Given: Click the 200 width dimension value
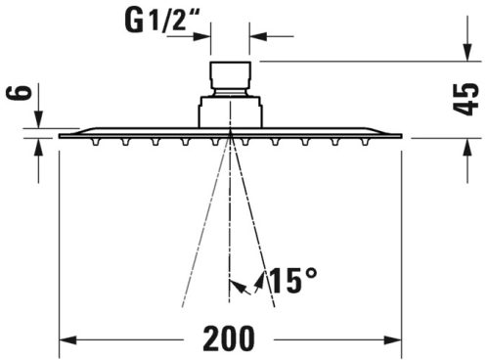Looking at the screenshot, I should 231,337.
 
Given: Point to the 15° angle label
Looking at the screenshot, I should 292,282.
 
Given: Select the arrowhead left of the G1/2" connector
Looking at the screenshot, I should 204,37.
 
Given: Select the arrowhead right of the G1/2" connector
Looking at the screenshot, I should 257,37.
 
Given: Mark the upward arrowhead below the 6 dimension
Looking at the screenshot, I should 40,146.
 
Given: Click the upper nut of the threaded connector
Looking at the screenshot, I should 231,75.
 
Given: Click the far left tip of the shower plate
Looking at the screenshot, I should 61,135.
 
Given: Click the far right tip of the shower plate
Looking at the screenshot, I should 402,135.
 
